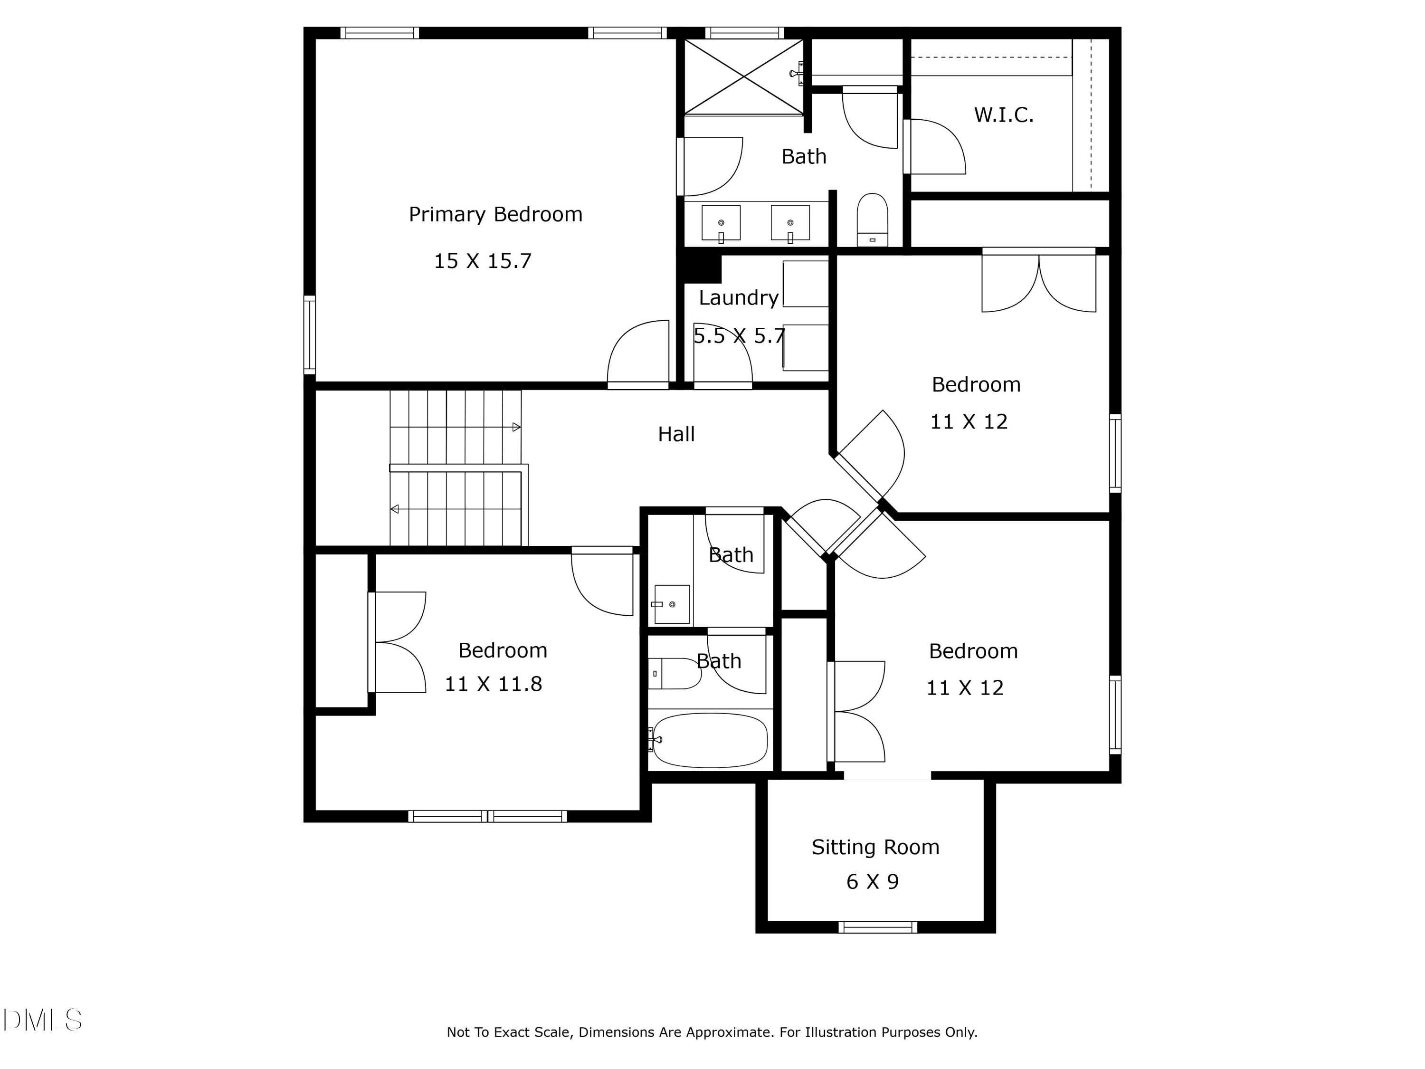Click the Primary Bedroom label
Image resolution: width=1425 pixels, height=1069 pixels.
pos(495,215)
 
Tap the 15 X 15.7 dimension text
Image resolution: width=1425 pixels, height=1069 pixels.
pos(483,261)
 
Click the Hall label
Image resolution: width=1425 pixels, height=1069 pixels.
pos(676,434)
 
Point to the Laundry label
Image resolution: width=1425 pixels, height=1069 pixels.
pos(739,298)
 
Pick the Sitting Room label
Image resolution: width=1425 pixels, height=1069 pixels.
pos(875,847)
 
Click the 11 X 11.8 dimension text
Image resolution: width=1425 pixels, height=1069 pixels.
pos(494,684)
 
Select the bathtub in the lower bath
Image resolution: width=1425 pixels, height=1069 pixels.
pos(710,740)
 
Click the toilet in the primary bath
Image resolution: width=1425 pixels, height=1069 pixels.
pos(872,219)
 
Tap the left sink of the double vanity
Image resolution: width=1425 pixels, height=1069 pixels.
pos(721,223)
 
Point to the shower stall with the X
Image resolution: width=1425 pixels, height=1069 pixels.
pos(744,76)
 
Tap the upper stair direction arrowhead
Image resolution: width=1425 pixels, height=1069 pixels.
pos(516,427)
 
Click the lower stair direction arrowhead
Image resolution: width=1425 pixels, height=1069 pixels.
pos(394,509)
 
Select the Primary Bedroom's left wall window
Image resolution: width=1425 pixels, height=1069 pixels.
pos(310,335)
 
